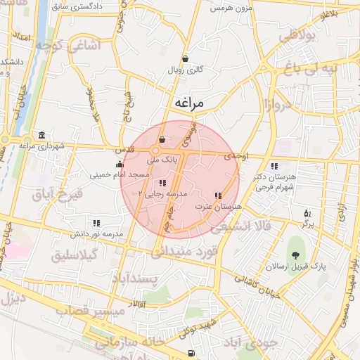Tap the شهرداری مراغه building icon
point(43,135)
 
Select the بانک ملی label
point(162,160)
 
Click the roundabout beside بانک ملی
point(155,150)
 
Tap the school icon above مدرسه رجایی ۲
point(163,183)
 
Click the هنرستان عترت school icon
point(217,195)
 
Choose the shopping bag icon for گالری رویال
point(185,59)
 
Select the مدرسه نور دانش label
point(96,233)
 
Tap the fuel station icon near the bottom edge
point(191,353)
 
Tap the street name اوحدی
point(237,158)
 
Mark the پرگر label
point(307,224)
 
